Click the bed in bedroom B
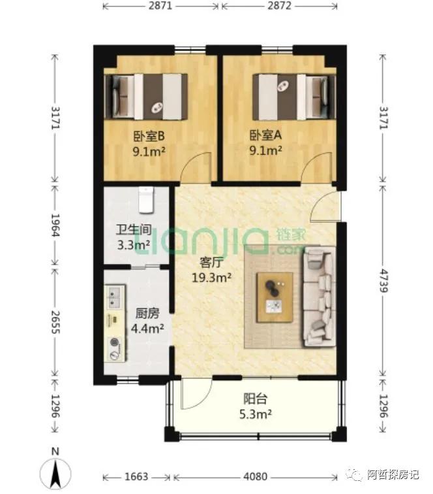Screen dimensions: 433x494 pos(146,97)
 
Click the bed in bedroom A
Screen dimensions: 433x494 pos(294,97)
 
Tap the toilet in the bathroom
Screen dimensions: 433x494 pos(146,200)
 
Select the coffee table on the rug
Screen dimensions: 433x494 pos(275,297)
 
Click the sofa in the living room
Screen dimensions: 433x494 pos(318,297)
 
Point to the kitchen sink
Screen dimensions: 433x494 pos(114,297)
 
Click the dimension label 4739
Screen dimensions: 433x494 pos(383,281)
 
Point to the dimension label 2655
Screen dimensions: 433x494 pos(55,322)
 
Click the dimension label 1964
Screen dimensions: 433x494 pos(55,225)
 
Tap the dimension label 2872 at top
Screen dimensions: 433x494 pos(279,6)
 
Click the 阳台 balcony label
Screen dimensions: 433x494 pos(256,399)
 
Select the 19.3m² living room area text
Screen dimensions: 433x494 pos(212,278)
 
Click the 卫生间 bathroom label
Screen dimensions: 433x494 pos(133,229)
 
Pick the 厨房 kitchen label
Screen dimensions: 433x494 pos(147,314)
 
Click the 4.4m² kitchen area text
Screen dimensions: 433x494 pos(147,329)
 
